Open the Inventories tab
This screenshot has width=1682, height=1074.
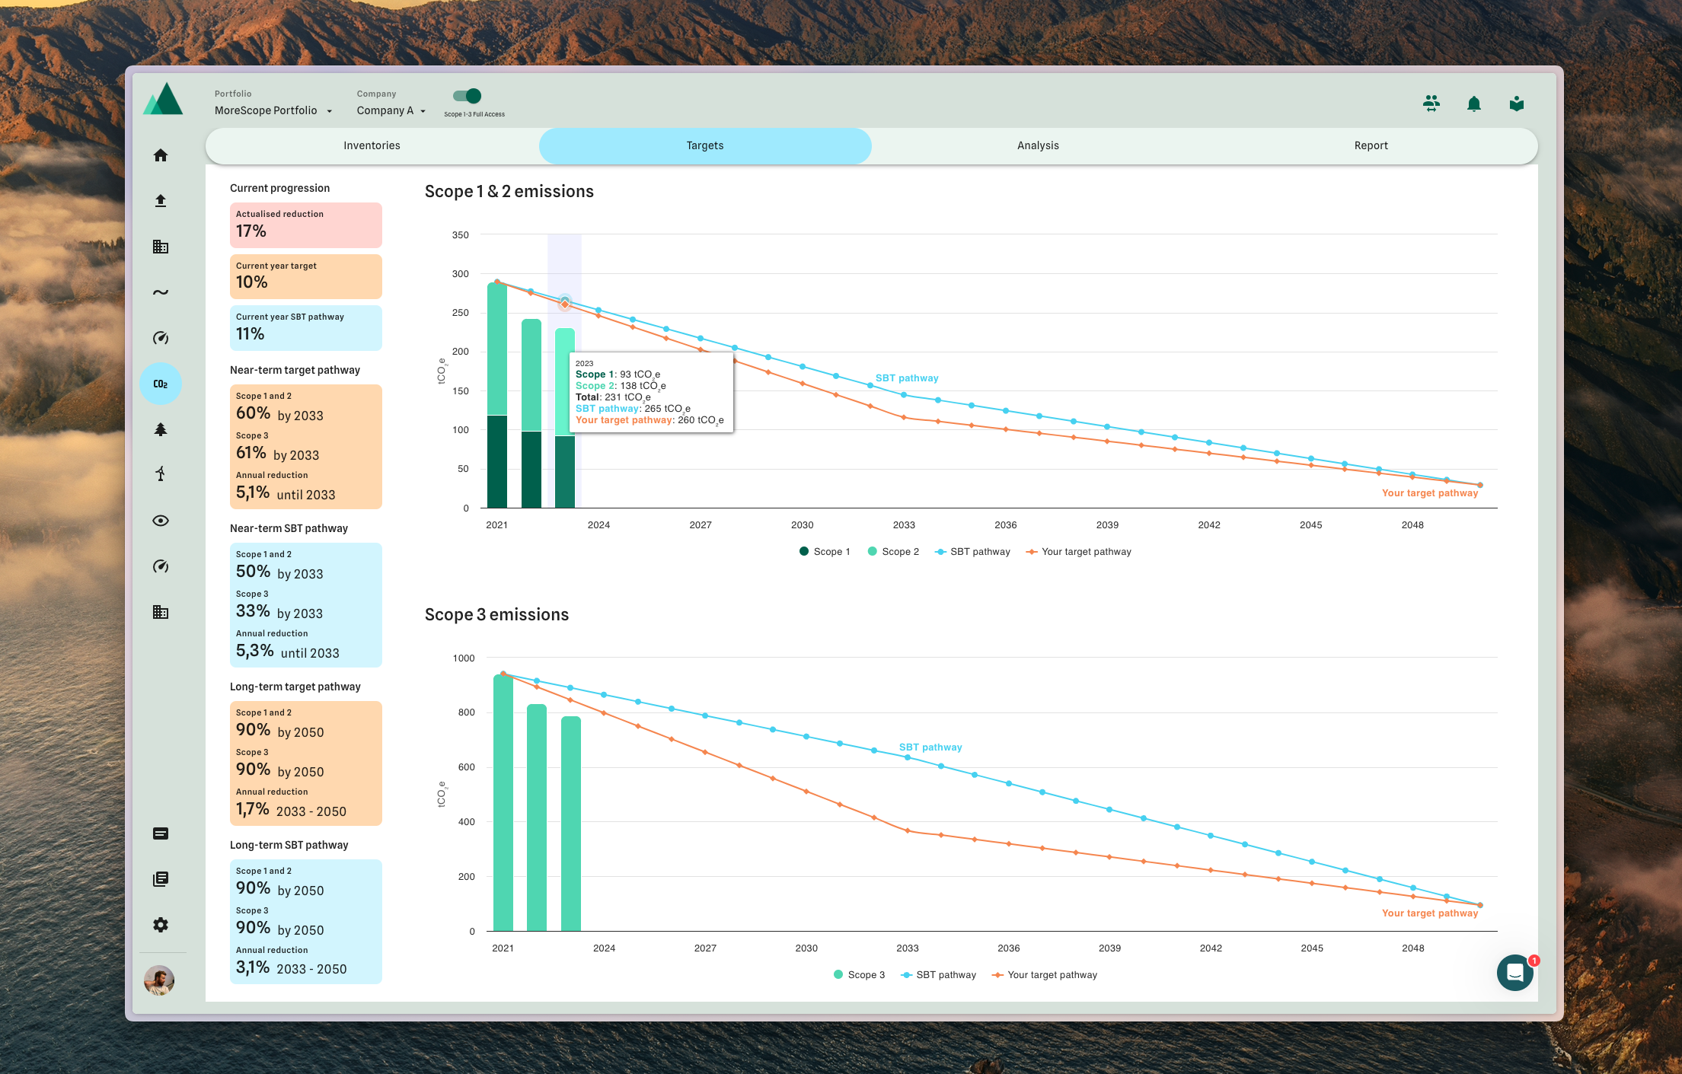pos(372,145)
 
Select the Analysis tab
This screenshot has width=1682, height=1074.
pos(1038,145)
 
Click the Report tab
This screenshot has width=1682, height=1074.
pos(1371,145)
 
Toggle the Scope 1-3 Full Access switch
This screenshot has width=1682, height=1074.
pos(468,96)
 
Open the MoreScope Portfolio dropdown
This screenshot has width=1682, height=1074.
pos(273,110)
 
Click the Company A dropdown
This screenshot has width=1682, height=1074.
pos(391,110)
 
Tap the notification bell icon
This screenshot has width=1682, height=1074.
pos(1473,104)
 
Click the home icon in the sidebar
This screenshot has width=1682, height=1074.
pos(161,155)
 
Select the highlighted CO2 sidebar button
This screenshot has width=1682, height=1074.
pos(161,384)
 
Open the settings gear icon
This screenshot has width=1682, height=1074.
pos(161,925)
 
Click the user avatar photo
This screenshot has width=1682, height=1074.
pos(159,980)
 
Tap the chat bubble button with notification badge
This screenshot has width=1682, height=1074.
pos(1514,972)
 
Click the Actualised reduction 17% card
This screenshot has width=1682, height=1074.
pos(305,225)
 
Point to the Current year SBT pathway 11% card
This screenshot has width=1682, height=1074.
pos(305,327)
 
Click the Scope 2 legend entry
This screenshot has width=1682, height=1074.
pos(893,552)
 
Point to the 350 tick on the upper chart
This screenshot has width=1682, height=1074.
pos(460,235)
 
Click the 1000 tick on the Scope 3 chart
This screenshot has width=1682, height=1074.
pos(463,658)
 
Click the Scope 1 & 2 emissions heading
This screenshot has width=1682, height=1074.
pos(509,192)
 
